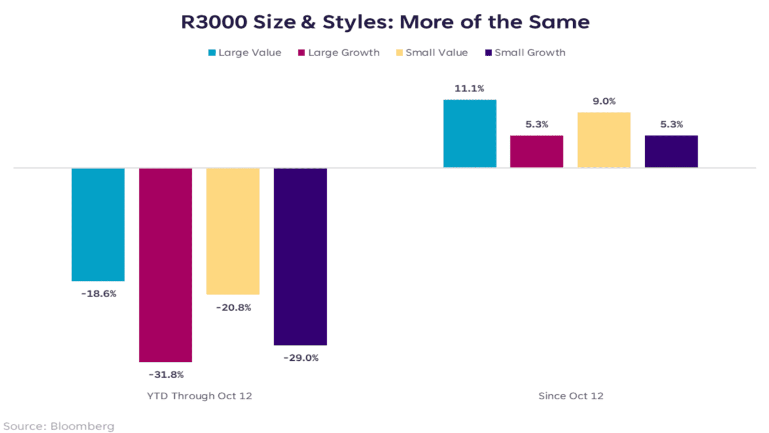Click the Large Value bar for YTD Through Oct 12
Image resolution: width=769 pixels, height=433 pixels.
(x=98, y=224)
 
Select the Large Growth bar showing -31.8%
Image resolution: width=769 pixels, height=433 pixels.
(x=165, y=265)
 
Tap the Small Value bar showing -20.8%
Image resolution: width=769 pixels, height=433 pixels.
(x=233, y=231)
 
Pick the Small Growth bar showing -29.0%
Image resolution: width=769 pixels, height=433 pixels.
(x=300, y=256)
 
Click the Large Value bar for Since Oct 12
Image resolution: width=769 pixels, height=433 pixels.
(x=470, y=134)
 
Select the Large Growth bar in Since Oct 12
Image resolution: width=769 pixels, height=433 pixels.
(x=536, y=152)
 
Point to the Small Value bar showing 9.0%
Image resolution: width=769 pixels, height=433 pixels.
(x=604, y=140)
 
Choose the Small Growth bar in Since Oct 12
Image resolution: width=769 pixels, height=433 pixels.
(x=671, y=152)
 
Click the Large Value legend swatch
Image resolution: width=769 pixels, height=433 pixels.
(x=211, y=53)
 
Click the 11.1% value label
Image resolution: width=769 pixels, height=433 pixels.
(x=470, y=88)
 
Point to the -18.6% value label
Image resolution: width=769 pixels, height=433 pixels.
(x=98, y=294)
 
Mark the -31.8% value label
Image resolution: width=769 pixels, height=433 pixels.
(x=165, y=375)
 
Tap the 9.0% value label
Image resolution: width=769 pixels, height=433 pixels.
(x=604, y=102)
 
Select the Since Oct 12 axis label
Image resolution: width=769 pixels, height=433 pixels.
(x=570, y=396)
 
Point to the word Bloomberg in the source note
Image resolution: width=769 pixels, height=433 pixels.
(x=82, y=426)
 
